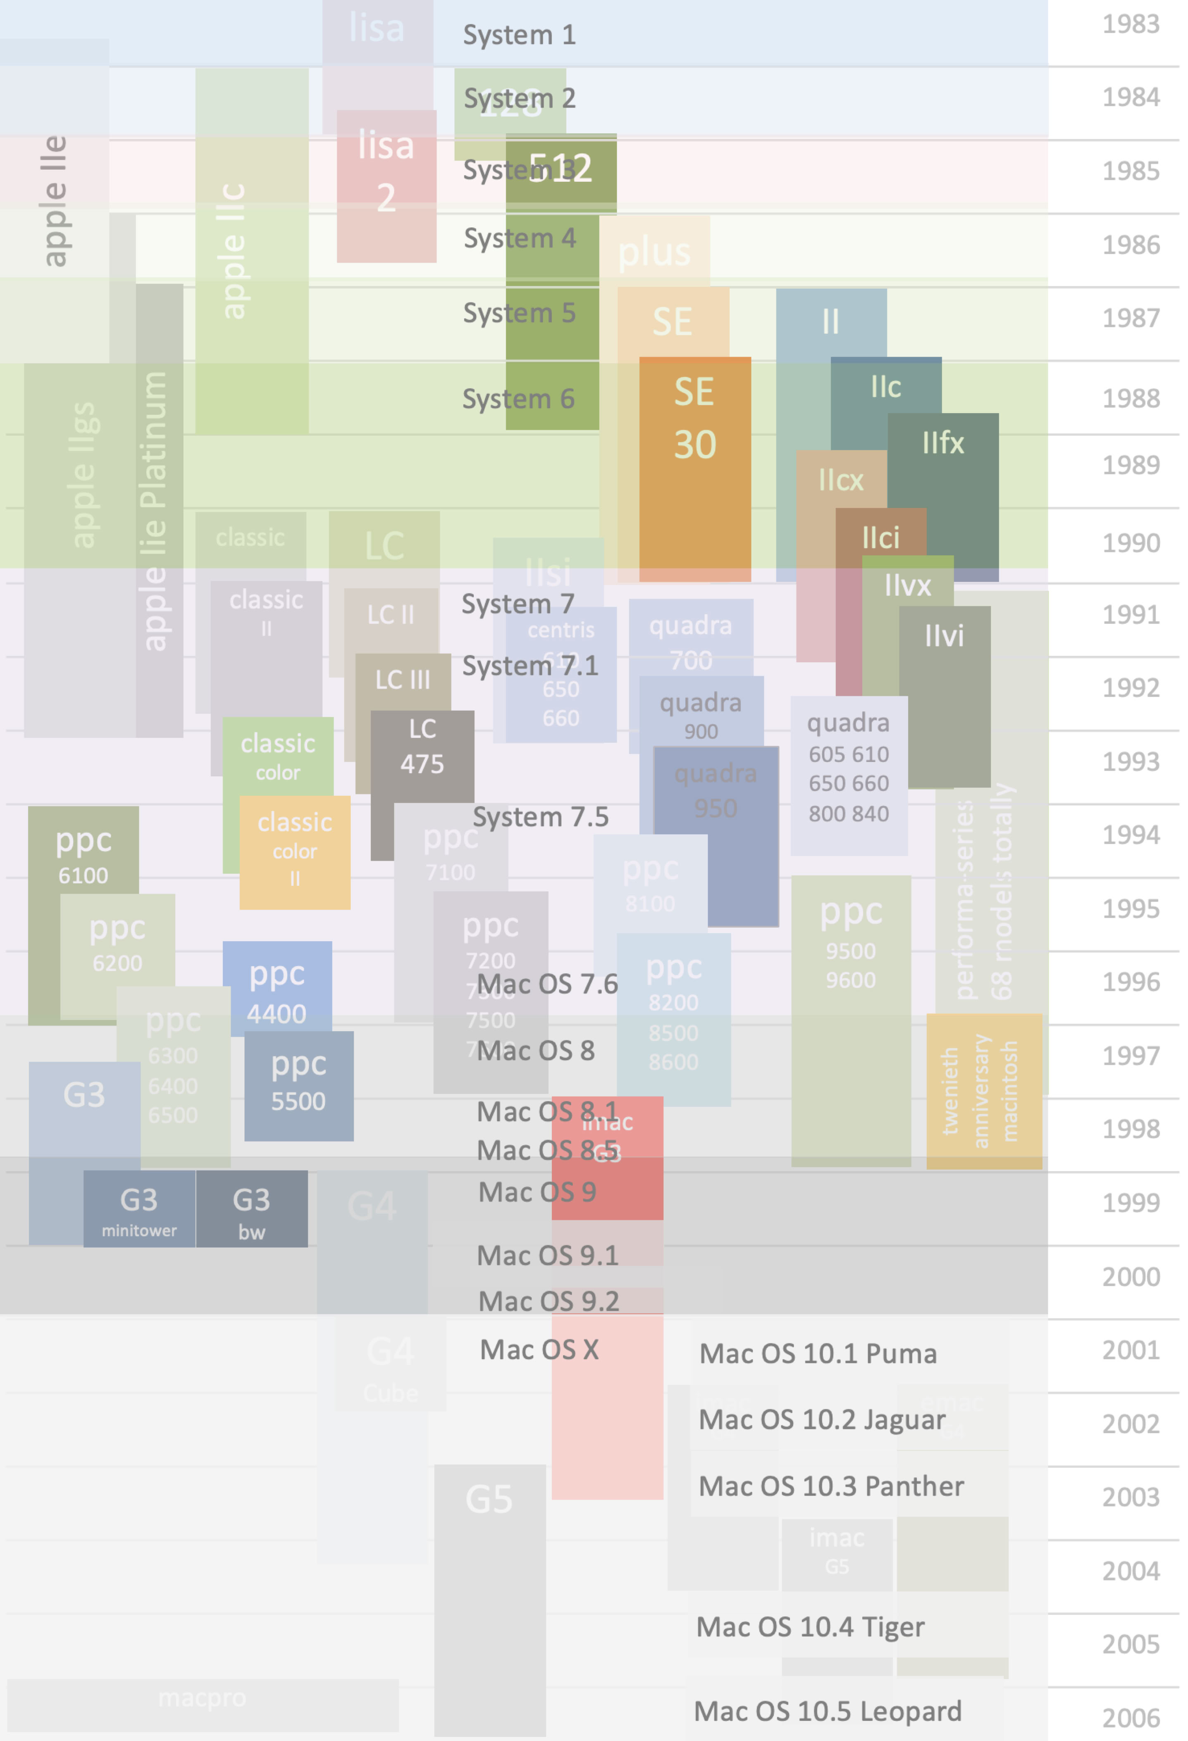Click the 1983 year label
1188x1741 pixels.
pos(1130,25)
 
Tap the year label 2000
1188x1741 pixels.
pos(1130,1277)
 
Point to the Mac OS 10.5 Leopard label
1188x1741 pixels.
pos(828,1711)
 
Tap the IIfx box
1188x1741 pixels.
pos(943,464)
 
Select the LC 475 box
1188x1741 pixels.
pos(422,756)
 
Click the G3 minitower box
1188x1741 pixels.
pos(139,1208)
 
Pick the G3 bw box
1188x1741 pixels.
pos(252,1208)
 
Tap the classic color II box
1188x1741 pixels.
pos(295,852)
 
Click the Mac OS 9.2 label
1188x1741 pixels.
pos(549,1301)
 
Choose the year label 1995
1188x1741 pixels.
pos(1130,909)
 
